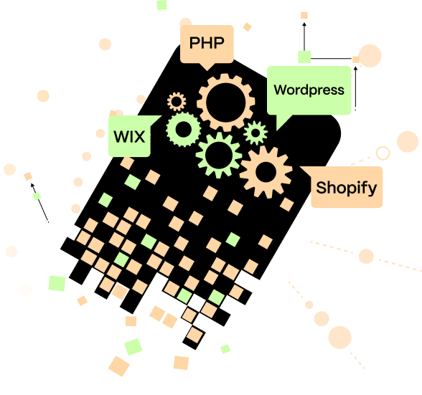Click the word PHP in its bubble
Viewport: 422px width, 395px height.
[207, 44]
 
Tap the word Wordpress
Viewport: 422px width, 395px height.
[309, 90]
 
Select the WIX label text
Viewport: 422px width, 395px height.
[130, 135]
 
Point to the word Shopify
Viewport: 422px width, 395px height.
[346, 189]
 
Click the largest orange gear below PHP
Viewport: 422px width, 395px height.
[226, 102]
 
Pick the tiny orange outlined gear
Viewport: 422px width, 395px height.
[177, 101]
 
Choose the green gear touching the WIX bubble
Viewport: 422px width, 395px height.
[184, 130]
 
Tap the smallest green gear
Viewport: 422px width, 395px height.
[255, 133]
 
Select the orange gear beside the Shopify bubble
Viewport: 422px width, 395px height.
[266, 172]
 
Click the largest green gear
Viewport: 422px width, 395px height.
[218, 154]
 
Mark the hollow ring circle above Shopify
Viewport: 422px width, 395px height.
[383, 153]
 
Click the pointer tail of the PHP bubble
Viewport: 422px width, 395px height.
[207, 67]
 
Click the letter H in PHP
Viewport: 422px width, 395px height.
[207, 44]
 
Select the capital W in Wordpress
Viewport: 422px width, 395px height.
[280, 90]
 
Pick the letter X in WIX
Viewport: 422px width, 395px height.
[141, 135]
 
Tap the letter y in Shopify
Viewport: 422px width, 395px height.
[372, 191]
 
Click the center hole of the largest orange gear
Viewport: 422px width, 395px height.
[226, 102]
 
